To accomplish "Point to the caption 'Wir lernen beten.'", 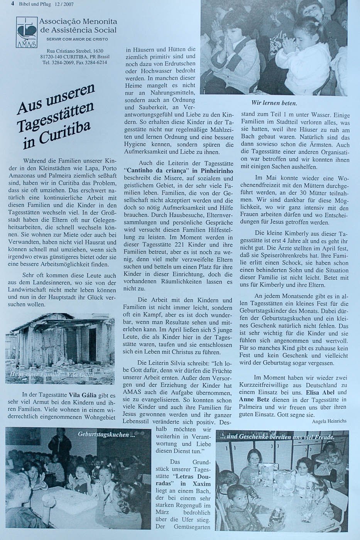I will [x=274, y=103].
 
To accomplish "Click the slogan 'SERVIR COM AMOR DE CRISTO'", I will [x=77, y=39].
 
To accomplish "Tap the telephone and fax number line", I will [x=75, y=62].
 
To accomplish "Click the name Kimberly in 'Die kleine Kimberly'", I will [x=290, y=234].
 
